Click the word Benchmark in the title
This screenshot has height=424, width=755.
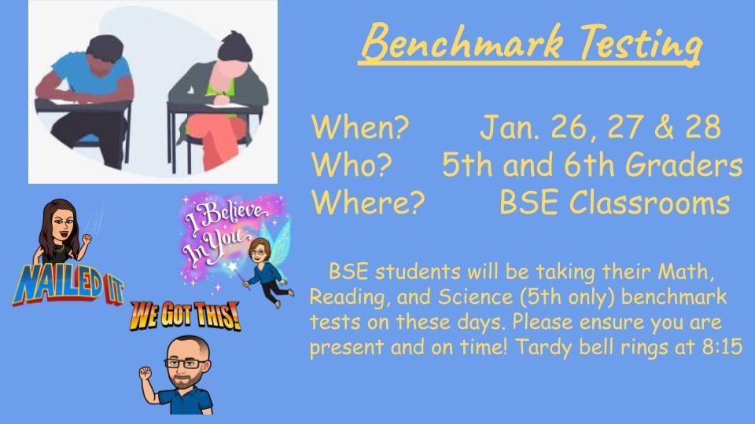pyautogui.click(x=462, y=42)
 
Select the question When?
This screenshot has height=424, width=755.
pyautogui.click(x=359, y=126)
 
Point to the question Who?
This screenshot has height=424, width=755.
pyautogui.click(x=352, y=164)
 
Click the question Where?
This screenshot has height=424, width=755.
pyautogui.click(x=368, y=202)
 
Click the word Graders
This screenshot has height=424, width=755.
pyautogui.click(x=683, y=164)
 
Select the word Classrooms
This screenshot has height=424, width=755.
pyautogui.click(x=650, y=202)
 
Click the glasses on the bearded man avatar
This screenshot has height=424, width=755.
pyautogui.click(x=186, y=363)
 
